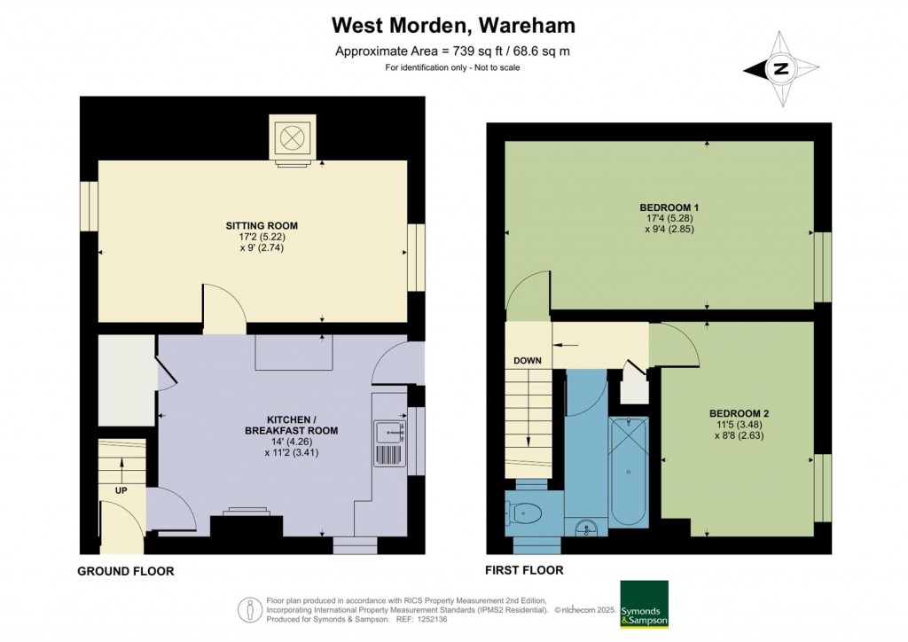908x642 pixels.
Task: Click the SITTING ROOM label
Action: click(x=262, y=226)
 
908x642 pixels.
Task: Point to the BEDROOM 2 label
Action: click(x=739, y=413)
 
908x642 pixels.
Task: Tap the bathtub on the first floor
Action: click(x=629, y=471)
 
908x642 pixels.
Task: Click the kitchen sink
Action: click(x=389, y=431)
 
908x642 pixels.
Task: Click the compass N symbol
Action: click(x=781, y=69)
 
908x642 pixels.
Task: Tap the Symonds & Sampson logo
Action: click(x=644, y=605)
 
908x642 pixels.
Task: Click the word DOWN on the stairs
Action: click(x=528, y=361)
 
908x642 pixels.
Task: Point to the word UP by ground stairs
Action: click(x=121, y=490)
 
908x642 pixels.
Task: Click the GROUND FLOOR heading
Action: click(x=126, y=571)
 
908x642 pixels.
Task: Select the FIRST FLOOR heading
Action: click(x=524, y=570)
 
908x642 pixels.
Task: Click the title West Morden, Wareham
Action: click(x=453, y=26)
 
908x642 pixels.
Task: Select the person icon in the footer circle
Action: click(x=250, y=609)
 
